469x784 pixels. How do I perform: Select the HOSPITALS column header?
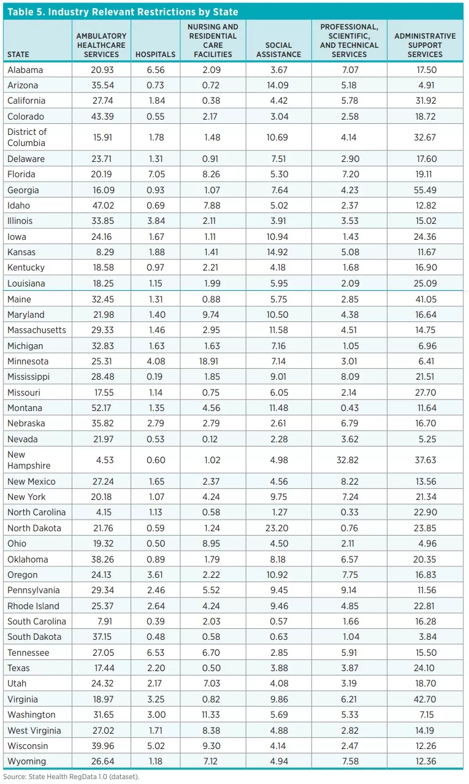[155, 54]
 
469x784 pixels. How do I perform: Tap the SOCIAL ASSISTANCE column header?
[278, 50]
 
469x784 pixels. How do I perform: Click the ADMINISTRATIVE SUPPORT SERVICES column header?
[425, 45]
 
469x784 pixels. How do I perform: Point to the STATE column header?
[18, 54]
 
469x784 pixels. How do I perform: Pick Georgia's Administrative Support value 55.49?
[425, 190]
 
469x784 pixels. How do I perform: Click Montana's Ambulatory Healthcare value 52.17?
[101, 407]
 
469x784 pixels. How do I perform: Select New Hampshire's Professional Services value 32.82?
[348, 459]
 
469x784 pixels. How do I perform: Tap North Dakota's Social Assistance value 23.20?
[278, 528]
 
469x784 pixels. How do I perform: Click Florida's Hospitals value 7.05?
[155, 174]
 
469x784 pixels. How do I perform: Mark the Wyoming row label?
[26, 761]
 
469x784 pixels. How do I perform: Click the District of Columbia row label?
[27, 137]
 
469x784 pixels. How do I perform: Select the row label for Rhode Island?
[33, 605]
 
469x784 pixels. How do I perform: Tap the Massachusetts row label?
[36, 330]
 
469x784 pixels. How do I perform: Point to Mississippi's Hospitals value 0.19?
[155, 377]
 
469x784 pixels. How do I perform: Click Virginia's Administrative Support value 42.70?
[425, 699]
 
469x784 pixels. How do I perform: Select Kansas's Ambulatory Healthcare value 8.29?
[101, 252]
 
